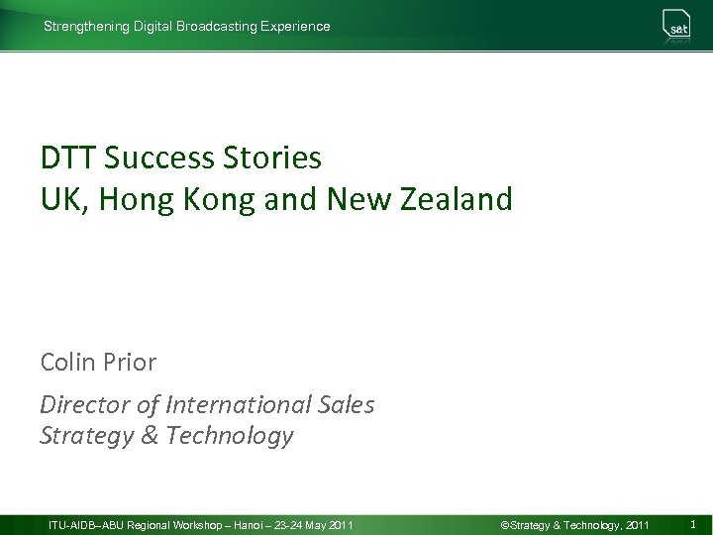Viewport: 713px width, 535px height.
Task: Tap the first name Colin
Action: (x=68, y=363)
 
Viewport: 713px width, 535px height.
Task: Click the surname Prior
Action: (x=129, y=363)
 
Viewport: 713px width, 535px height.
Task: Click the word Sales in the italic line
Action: (x=346, y=404)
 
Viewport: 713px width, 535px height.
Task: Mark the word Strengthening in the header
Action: (x=82, y=27)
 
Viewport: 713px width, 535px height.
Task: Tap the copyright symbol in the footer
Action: (x=505, y=523)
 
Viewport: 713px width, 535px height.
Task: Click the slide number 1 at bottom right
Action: (x=692, y=522)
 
